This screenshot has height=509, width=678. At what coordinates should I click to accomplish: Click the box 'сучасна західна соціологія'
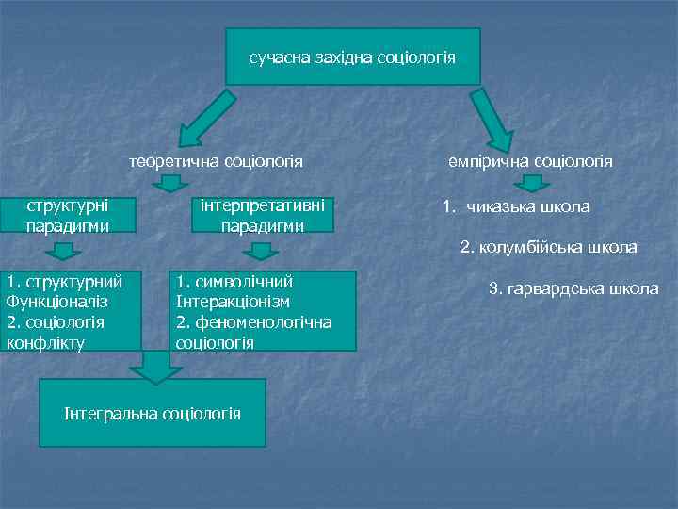(x=352, y=57)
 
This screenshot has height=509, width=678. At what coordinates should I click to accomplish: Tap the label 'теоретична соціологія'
(x=217, y=161)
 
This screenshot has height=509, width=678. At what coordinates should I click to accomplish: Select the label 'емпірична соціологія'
(x=530, y=161)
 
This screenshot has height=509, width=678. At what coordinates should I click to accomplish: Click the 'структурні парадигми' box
(x=68, y=215)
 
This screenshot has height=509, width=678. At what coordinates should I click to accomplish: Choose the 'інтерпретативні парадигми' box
(x=263, y=215)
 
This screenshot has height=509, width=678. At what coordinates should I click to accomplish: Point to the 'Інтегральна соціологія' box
(x=152, y=413)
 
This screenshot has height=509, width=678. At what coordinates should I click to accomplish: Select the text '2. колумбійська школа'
(x=548, y=248)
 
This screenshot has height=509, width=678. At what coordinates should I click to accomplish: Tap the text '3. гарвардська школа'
(x=573, y=288)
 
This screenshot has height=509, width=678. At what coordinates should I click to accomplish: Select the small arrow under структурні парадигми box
(x=63, y=251)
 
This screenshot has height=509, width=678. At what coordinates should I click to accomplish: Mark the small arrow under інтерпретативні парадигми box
(x=261, y=251)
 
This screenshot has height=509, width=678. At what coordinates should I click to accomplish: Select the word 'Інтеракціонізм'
(x=233, y=302)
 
